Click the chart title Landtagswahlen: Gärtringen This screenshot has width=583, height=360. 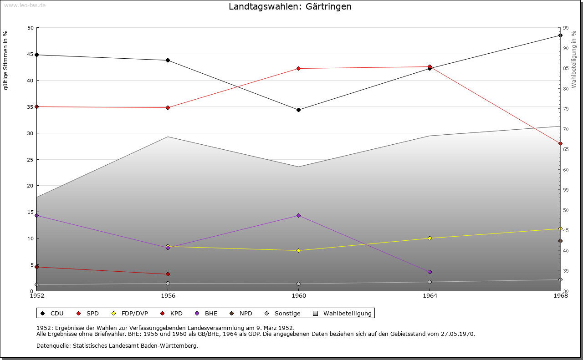click(x=290, y=7)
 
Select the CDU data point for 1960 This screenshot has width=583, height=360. click(x=298, y=110)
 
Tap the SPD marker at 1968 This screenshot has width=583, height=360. click(x=560, y=143)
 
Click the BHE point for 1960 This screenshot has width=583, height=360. click(x=298, y=215)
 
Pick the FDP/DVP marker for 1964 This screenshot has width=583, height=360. click(x=430, y=238)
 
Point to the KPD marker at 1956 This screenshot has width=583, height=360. click(x=168, y=274)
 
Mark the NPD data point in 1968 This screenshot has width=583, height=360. click(x=560, y=241)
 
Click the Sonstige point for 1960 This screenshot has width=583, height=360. click(x=298, y=284)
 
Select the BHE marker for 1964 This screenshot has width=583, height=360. click(x=430, y=272)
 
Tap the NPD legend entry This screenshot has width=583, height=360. click(x=241, y=313)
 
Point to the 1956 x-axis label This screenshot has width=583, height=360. click(x=168, y=296)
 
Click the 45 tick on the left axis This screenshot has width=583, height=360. click(x=31, y=54)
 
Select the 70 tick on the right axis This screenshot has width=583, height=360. click(x=566, y=129)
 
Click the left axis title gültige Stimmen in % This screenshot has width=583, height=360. click(x=6, y=60)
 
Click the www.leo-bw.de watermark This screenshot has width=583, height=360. click(x=25, y=5)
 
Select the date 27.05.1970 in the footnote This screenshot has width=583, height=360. click(x=458, y=334)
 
